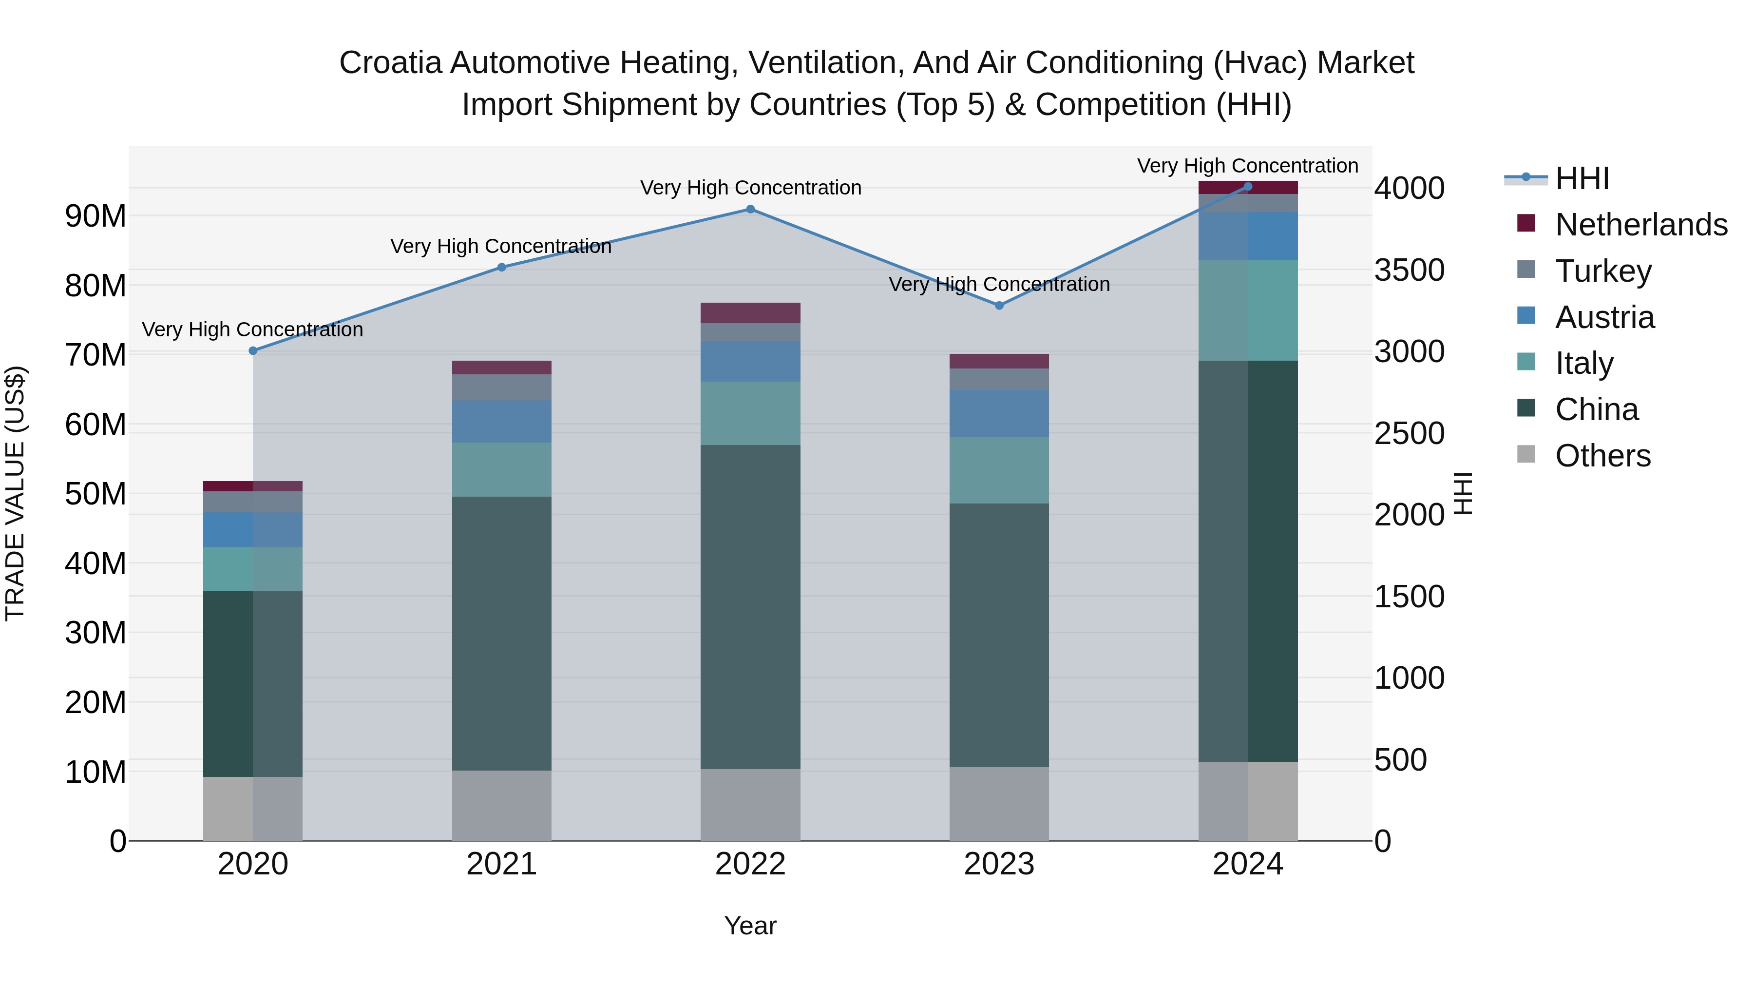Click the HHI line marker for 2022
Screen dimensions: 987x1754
click(750, 209)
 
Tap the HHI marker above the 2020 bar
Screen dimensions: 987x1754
click(252, 351)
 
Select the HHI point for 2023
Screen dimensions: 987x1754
click(999, 305)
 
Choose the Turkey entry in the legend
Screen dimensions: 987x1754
click(1603, 271)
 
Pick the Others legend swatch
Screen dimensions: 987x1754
click(1526, 454)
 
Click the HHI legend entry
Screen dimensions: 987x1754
click(1581, 178)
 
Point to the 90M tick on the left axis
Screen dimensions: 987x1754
click(95, 216)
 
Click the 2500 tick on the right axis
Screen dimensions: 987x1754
click(1409, 433)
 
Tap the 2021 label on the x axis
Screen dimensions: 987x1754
click(501, 864)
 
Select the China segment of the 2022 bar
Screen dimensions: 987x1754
click(750, 606)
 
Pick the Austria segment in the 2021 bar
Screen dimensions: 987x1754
click(501, 421)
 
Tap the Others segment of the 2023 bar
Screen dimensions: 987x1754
click(999, 804)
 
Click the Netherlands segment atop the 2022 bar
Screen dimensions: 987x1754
click(750, 312)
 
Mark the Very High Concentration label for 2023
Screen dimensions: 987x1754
click(999, 284)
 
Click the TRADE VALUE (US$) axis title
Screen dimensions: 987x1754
click(15, 493)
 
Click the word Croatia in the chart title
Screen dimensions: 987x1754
click(391, 63)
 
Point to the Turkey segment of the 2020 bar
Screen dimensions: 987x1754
click(252, 502)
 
